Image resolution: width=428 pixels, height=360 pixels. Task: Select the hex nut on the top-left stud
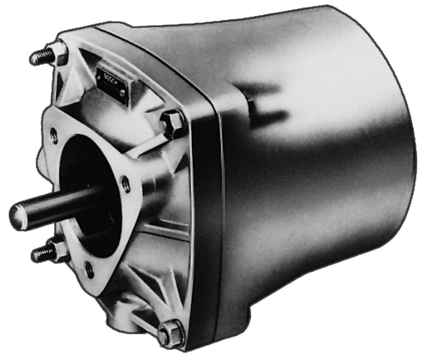pyautogui.click(x=58, y=55)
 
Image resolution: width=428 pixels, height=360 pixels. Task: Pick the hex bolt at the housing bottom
pyautogui.click(x=170, y=332)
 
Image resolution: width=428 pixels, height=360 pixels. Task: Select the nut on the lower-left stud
pyautogui.click(x=58, y=249)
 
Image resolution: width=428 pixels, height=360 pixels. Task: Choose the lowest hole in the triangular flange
pyautogui.click(x=90, y=269)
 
